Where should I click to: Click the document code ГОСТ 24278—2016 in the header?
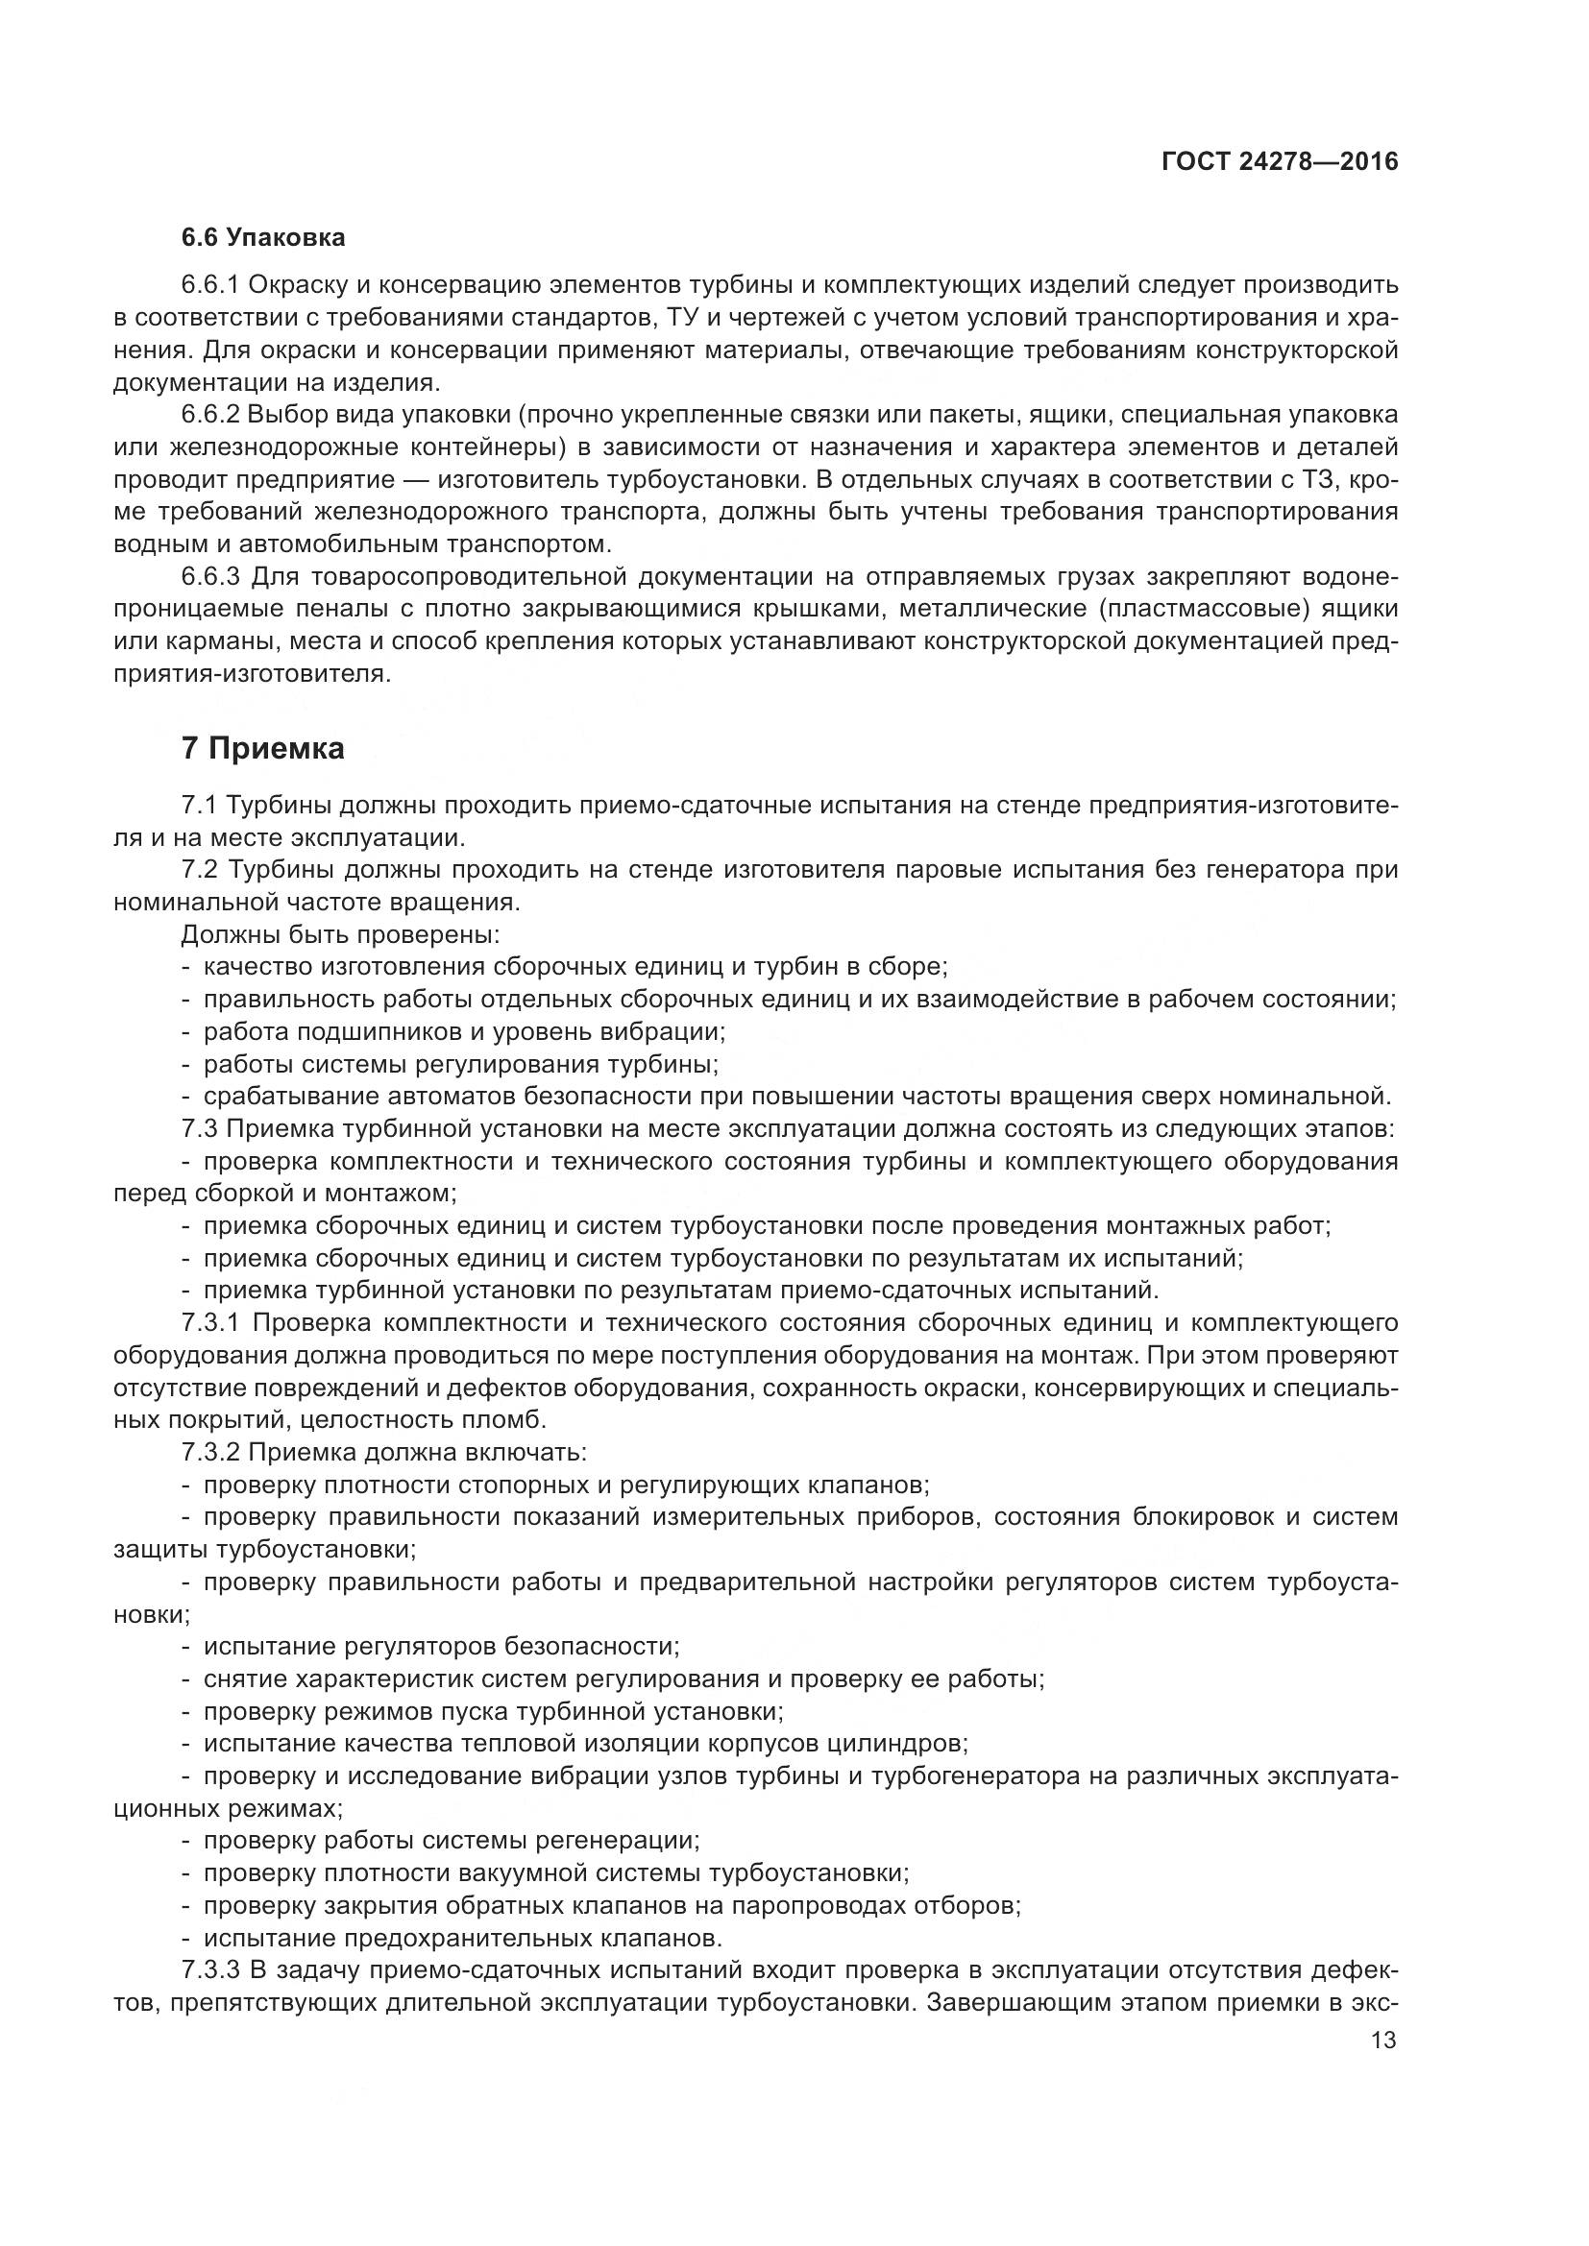coord(1279,162)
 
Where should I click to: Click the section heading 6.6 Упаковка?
coord(262,237)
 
